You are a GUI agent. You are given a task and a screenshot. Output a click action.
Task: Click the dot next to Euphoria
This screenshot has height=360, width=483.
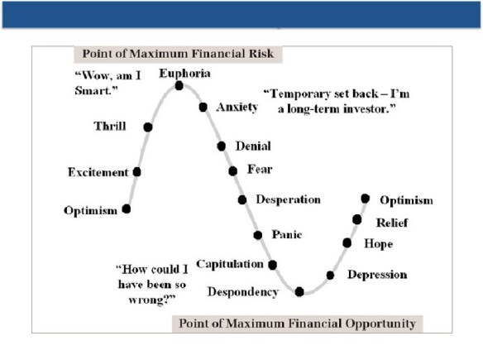point(179,85)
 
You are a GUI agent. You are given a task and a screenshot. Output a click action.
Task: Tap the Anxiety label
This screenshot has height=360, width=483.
point(237,108)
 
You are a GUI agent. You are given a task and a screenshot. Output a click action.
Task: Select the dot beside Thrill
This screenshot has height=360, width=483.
point(148,127)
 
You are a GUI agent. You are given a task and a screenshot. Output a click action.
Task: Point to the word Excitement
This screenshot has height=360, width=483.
point(98,173)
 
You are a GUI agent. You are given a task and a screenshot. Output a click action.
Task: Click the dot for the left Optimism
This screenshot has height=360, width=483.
point(127,209)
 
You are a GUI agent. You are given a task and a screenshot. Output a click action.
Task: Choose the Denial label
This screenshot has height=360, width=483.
point(253,146)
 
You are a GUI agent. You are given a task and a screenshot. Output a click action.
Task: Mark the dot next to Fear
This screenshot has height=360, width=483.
point(232,171)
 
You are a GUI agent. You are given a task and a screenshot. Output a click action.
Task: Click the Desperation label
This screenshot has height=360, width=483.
point(288,199)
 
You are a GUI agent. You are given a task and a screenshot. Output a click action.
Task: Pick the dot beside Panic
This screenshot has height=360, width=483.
point(257,235)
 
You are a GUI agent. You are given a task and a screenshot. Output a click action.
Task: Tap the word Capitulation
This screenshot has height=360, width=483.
point(230,265)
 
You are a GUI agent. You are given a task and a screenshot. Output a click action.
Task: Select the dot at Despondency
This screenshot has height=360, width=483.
point(299,291)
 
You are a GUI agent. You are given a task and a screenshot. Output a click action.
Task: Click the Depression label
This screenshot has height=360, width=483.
point(377,275)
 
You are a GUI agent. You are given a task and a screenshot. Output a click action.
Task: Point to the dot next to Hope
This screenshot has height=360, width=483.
point(347,242)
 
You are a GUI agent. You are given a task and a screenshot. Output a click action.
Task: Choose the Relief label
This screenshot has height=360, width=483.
point(392,223)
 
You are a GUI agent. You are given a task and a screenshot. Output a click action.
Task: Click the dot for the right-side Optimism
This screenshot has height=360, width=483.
point(366,198)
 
